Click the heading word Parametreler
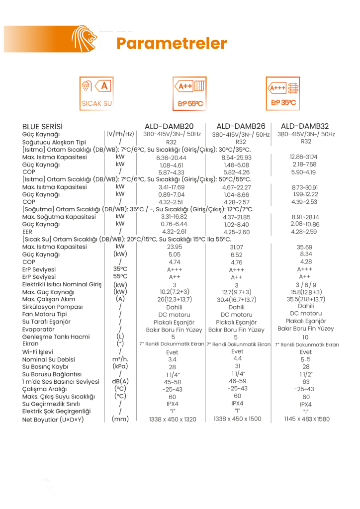(172, 43)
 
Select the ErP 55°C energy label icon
(190, 93)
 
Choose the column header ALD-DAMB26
(241, 126)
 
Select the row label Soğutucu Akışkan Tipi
(54, 142)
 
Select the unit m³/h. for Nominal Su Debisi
(120, 359)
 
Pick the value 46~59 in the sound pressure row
(237, 381)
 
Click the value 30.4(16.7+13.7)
(237, 300)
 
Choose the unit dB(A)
(120, 381)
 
